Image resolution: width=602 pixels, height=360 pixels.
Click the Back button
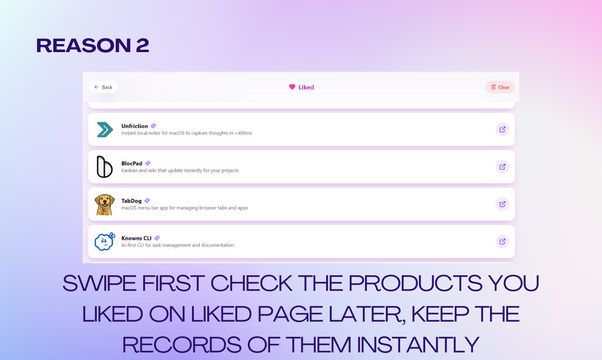coord(103,87)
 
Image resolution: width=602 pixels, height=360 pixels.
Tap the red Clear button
coord(500,87)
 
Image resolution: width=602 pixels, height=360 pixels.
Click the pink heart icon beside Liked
coord(292,87)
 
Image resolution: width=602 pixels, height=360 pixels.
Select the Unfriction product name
coord(135,126)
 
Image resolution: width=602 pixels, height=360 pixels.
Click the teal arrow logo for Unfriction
coord(104,129)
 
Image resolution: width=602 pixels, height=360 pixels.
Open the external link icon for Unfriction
coord(502,129)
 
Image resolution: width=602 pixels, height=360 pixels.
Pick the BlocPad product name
coord(132,163)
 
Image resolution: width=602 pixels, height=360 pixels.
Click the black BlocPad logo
coord(104,167)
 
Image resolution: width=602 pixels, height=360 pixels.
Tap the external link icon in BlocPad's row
coord(502,167)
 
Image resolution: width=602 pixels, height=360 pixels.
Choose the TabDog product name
coord(131,201)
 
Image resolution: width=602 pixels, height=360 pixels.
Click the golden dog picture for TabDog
coord(104,204)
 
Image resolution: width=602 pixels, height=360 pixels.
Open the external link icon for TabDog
coord(502,204)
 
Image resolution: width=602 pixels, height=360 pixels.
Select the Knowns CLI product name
coord(137,238)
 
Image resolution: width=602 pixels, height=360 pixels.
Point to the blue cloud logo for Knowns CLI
coord(104,242)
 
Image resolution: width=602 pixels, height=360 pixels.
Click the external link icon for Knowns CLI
coord(502,242)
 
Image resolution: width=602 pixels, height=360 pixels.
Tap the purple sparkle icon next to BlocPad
coord(147,163)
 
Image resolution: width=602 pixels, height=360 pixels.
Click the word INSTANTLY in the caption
coord(418,344)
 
